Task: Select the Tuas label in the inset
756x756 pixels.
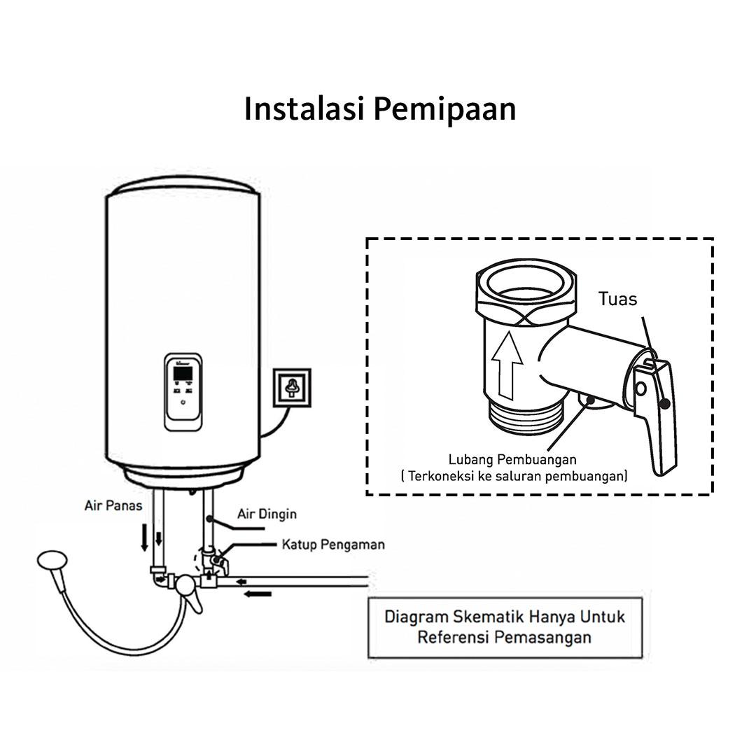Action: pyautogui.click(x=617, y=299)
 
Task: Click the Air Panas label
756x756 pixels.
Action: pyautogui.click(x=113, y=505)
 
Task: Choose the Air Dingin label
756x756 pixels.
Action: pyautogui.click(x=267, y=514)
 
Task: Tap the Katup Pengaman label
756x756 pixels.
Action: pyautogui.click(x=333, y=544)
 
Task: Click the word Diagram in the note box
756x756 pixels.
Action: pyautogui.click(x=417, y=617)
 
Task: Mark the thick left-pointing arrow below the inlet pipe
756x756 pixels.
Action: pyautogui.click(x=258, y=594)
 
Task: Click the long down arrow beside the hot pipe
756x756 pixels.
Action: pyautogui.click(x=145, y=535)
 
